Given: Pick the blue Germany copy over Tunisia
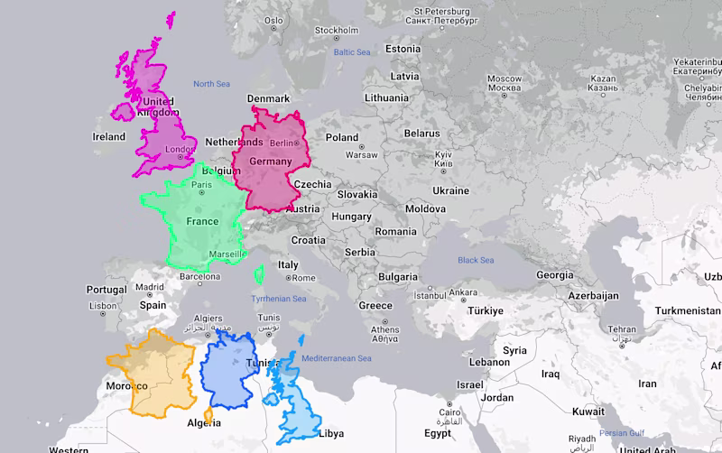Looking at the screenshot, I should point(236,370).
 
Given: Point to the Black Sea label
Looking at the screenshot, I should point(476,261).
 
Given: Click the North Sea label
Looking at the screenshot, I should point(211,84).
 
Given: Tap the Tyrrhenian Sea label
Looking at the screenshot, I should point(279,299).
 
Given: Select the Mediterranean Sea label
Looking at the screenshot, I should point(338,358).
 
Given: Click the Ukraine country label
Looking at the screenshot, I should point(450,190).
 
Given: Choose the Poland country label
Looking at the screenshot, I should point(342,138).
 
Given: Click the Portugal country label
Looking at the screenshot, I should point(106,290).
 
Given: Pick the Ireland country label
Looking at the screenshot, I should point(109,137).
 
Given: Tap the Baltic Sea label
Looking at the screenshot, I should point(353,52).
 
